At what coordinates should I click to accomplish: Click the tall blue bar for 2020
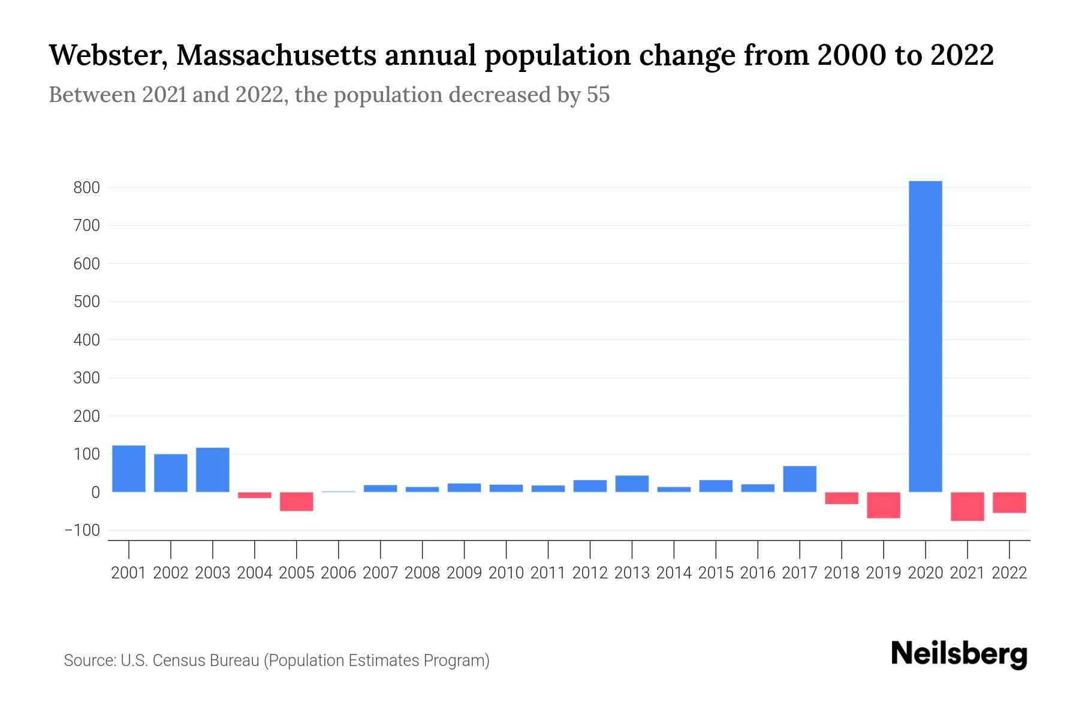[925, 336]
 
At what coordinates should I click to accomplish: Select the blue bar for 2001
[129, 469]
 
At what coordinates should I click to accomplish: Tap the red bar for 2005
[297, 502]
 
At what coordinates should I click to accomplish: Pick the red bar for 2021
[967, 506]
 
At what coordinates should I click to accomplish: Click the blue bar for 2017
[800, 479]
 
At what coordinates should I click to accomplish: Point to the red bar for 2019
[884, 505]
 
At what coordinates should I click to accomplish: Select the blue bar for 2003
[213, 470]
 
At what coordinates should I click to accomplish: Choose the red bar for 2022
[1009, 503]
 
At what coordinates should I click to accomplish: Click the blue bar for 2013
[632, 484]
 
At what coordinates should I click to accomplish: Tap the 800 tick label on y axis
[86, 188]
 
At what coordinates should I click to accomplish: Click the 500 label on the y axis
[86, 302]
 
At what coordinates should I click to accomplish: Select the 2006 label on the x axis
[339, 573]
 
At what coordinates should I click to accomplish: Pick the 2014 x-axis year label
[674, 573]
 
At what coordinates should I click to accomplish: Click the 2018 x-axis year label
[842, 573]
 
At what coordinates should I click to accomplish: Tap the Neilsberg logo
[959, 654]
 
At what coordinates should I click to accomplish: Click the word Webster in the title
[106, 56]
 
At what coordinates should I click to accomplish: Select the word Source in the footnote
[89, 661]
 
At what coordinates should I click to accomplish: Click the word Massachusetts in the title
[276, 56]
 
